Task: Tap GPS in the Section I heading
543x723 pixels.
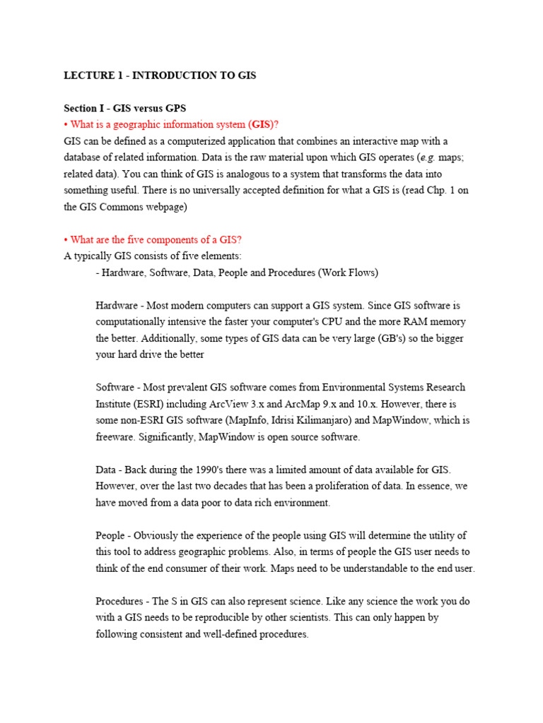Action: pos(175,108)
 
